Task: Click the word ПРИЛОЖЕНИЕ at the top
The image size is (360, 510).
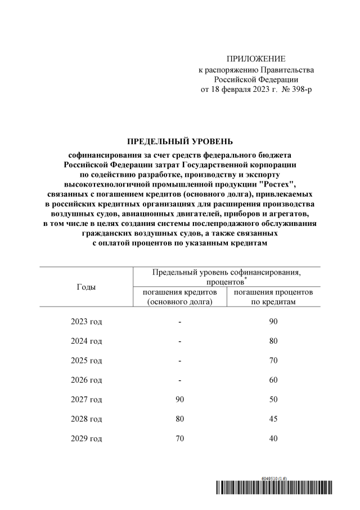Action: [256, 59]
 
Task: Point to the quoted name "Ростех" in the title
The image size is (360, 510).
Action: [276, 184]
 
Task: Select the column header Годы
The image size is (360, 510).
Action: [86, 287]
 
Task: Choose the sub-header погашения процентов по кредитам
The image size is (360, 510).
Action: [273, 297]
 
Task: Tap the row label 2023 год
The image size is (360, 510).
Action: [86, 322]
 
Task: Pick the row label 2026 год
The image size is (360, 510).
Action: [86, 380]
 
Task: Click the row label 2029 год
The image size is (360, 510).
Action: [86, 438]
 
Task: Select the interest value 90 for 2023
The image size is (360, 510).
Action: [273, 322]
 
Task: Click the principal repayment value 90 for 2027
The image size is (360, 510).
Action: [179, 400]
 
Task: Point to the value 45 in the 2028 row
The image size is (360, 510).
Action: [273, 419]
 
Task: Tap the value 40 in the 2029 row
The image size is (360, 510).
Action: [273, 438]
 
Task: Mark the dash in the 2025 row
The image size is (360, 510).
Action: [179, 361]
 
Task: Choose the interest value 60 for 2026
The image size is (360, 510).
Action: [273, 380]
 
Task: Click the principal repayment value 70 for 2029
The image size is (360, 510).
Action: [179, 438]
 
